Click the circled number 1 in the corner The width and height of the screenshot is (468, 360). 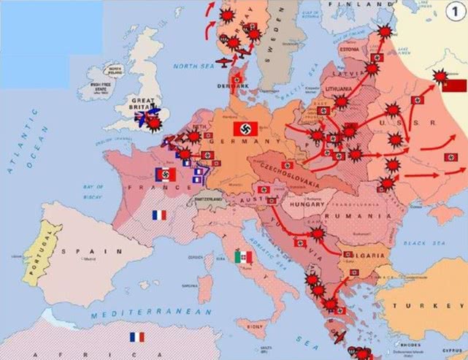tap(451, 13)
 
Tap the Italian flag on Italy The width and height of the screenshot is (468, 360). tap(244, 257)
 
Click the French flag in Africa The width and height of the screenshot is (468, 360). tap(137, 337)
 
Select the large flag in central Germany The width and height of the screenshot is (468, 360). tap(243, 129)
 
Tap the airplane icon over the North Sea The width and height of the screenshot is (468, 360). tap(224, 61)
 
